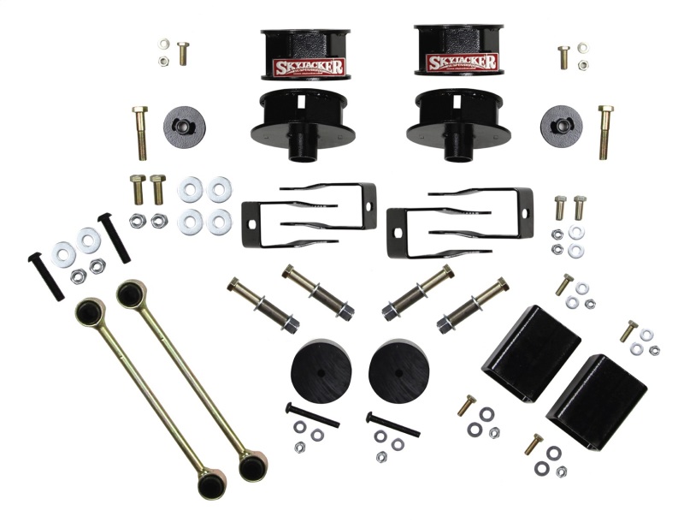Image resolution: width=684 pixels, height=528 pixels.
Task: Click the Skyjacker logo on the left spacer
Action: coord(309,67)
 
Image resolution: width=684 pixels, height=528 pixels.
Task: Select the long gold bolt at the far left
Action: coord(141,133)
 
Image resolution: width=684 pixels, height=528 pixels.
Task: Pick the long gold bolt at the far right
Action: coord(605,132)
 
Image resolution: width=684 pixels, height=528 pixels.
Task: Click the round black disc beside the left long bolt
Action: coord(184,127)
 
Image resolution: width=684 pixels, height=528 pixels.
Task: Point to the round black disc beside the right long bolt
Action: coord(561,126)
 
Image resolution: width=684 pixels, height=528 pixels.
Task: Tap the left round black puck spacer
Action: coord(321,370)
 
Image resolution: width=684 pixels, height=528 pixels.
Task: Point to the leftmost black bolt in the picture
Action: coord(44,276)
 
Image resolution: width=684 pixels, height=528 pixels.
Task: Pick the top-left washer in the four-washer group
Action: coord(191,190)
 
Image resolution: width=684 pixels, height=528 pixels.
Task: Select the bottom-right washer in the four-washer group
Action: coord(220,222)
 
